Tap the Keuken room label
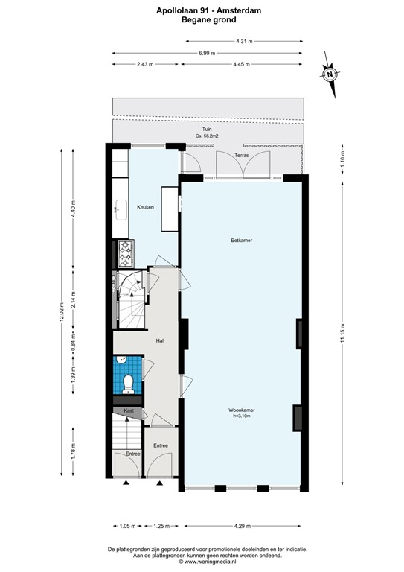[x=145, y=207]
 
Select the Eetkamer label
[x=240, y=241]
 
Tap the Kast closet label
[x=128, y=410]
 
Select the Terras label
[x=241, y=155]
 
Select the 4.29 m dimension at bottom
[x=243, y=527]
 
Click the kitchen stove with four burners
[x=124, y=254]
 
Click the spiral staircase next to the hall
[x=131, y=299]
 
